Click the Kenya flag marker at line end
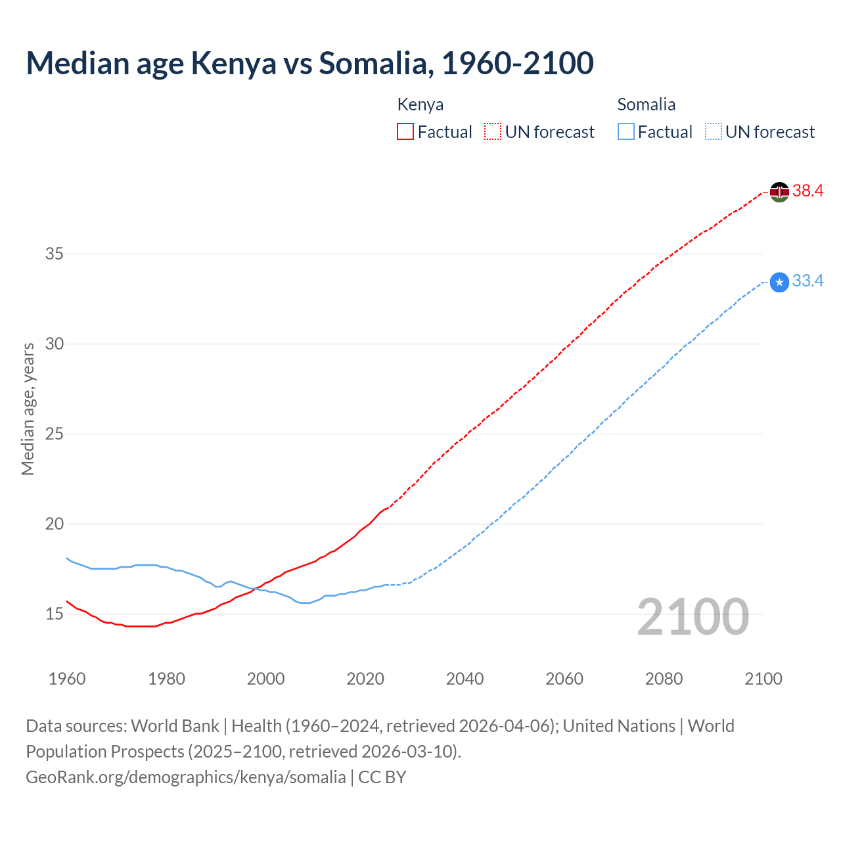(x=779, y=192)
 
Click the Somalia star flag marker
(x=779, y=283)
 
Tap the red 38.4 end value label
(x=807, y=191)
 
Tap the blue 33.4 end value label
(x=807, y=281)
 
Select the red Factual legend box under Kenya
(x=405, y=131)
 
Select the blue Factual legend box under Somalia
(x=626, y=131)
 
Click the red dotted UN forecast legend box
(x=493, y=131)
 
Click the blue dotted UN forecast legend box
(x=714, y=131)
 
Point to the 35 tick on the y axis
(x=54, y=254)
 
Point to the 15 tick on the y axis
(x=54, y=614)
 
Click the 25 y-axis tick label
(x=54, y=434)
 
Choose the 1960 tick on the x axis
(x=67, y=679)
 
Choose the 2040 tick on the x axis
(x=465, y=679)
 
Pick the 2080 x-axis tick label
(x=664, y=679)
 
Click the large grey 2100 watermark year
(x=693, y=616)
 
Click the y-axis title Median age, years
(x=28, y=409)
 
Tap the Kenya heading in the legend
(x=420, y=104)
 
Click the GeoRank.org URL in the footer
(x=185, y=777)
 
